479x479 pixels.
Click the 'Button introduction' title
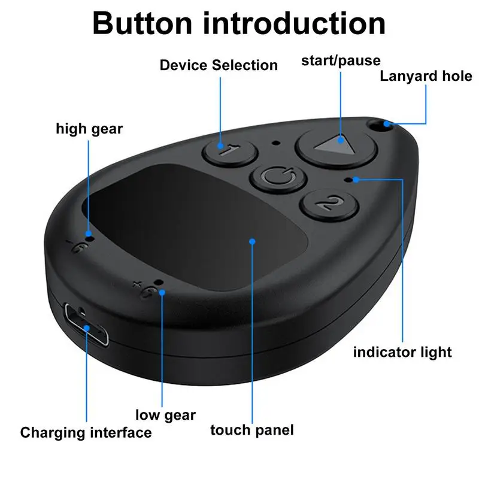click(x=239, y=24)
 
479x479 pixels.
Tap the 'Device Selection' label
click(x=219, y=65)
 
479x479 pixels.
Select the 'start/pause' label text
click(x=341, y=60)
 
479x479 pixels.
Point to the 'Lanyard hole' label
click(x=426, y=76)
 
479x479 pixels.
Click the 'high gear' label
click(x=89, y=128)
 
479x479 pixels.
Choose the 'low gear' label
click(x=165, y=414)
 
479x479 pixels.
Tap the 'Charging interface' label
click(x=86, y=432)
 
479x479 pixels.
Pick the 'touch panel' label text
click(x=252, y=430)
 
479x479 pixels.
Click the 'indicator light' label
click(x=402, y=351)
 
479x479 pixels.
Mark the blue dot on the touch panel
click(x=253, y=241)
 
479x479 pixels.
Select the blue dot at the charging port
click(x=87, y=328)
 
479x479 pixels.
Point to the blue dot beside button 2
click(x=356, y=178)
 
